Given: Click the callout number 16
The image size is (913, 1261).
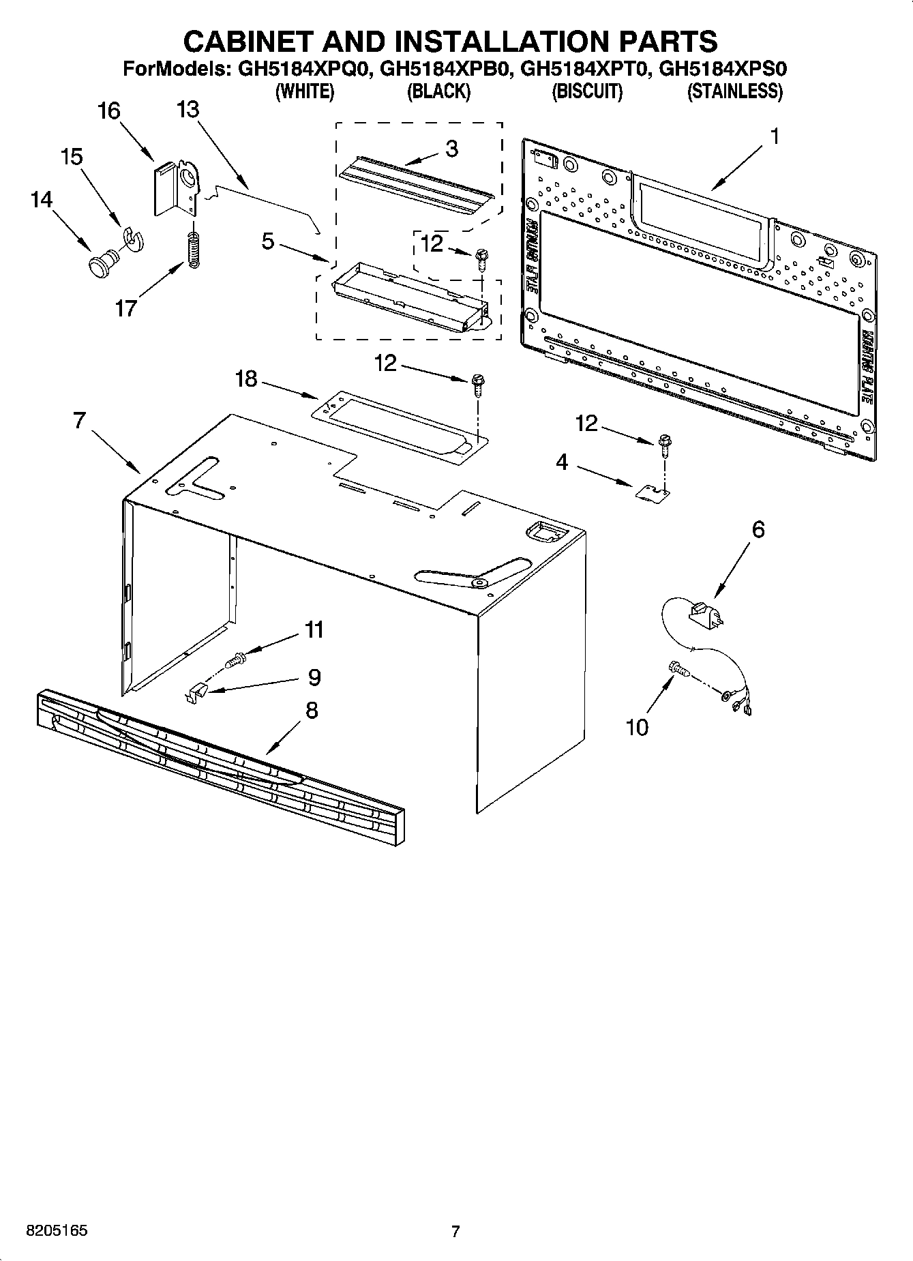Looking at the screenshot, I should pos(109,111).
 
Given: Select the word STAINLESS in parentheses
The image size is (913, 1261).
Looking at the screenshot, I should pos(734,91).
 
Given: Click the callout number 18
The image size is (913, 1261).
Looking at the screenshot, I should pos(246,379).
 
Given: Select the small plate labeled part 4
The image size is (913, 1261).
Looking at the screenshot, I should pos(653,493).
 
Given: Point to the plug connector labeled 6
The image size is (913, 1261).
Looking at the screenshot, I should pos(705,610).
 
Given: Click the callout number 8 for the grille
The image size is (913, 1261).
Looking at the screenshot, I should pos(311,711).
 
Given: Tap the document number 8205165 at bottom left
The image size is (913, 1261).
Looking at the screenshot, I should pos(57,1232).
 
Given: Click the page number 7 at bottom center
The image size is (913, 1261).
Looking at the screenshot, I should pos(455,1232).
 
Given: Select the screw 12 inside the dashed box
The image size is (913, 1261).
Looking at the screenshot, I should pos(481,258).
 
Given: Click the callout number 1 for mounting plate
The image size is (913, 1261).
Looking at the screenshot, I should pos(773,136).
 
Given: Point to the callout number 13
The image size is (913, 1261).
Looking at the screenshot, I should pos(188,109).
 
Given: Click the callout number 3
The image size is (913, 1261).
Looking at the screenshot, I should pos(451,149).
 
